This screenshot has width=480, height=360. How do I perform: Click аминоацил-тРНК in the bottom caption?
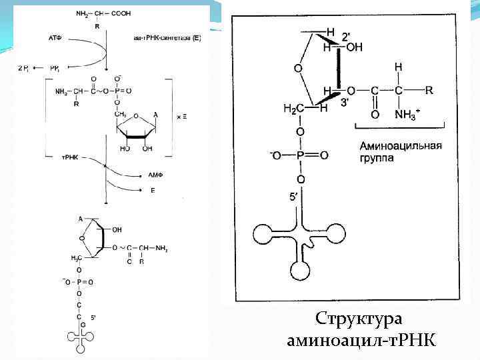pos(362,341)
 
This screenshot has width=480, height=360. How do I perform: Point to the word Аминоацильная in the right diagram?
pos(400,145)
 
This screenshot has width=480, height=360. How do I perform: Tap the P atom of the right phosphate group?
pos(301,155)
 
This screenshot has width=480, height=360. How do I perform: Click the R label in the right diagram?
pos(429,89)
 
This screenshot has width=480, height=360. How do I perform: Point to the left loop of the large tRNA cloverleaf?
pos(262,233)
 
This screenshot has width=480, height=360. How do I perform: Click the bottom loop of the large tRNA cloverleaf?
pos(301,270)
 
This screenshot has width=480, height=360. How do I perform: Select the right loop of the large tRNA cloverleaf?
pos(337,233)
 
